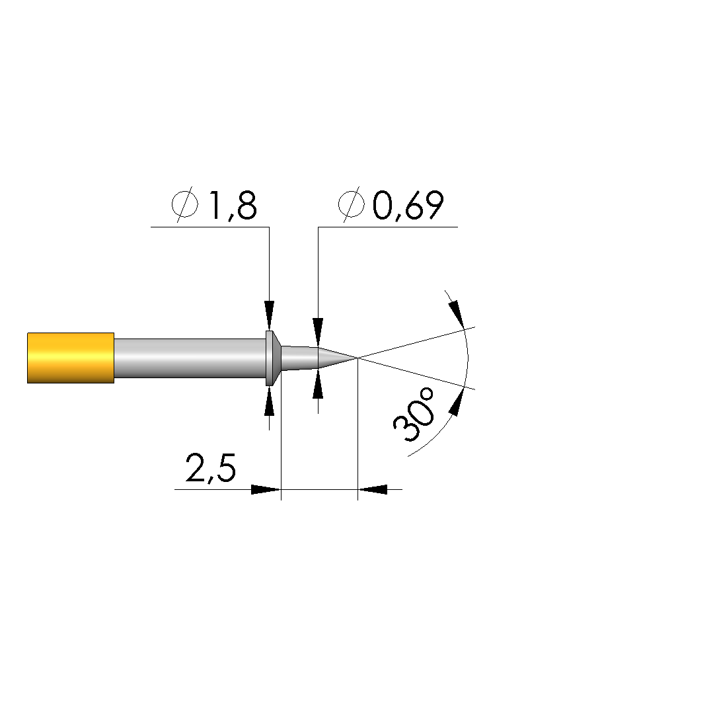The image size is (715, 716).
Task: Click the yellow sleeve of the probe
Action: tap(71, 358)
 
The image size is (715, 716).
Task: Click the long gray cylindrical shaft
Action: tap(190, 358)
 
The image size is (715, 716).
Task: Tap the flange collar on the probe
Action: tap(273, 358)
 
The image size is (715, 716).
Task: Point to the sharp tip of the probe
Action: tap(357, 358)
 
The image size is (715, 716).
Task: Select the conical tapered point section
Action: tap(337, 358)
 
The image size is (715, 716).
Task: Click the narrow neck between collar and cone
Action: tap(299, 358)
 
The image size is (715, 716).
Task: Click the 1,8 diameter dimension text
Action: tap(233, 206)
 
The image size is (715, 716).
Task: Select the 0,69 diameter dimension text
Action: tap(408, 206)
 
